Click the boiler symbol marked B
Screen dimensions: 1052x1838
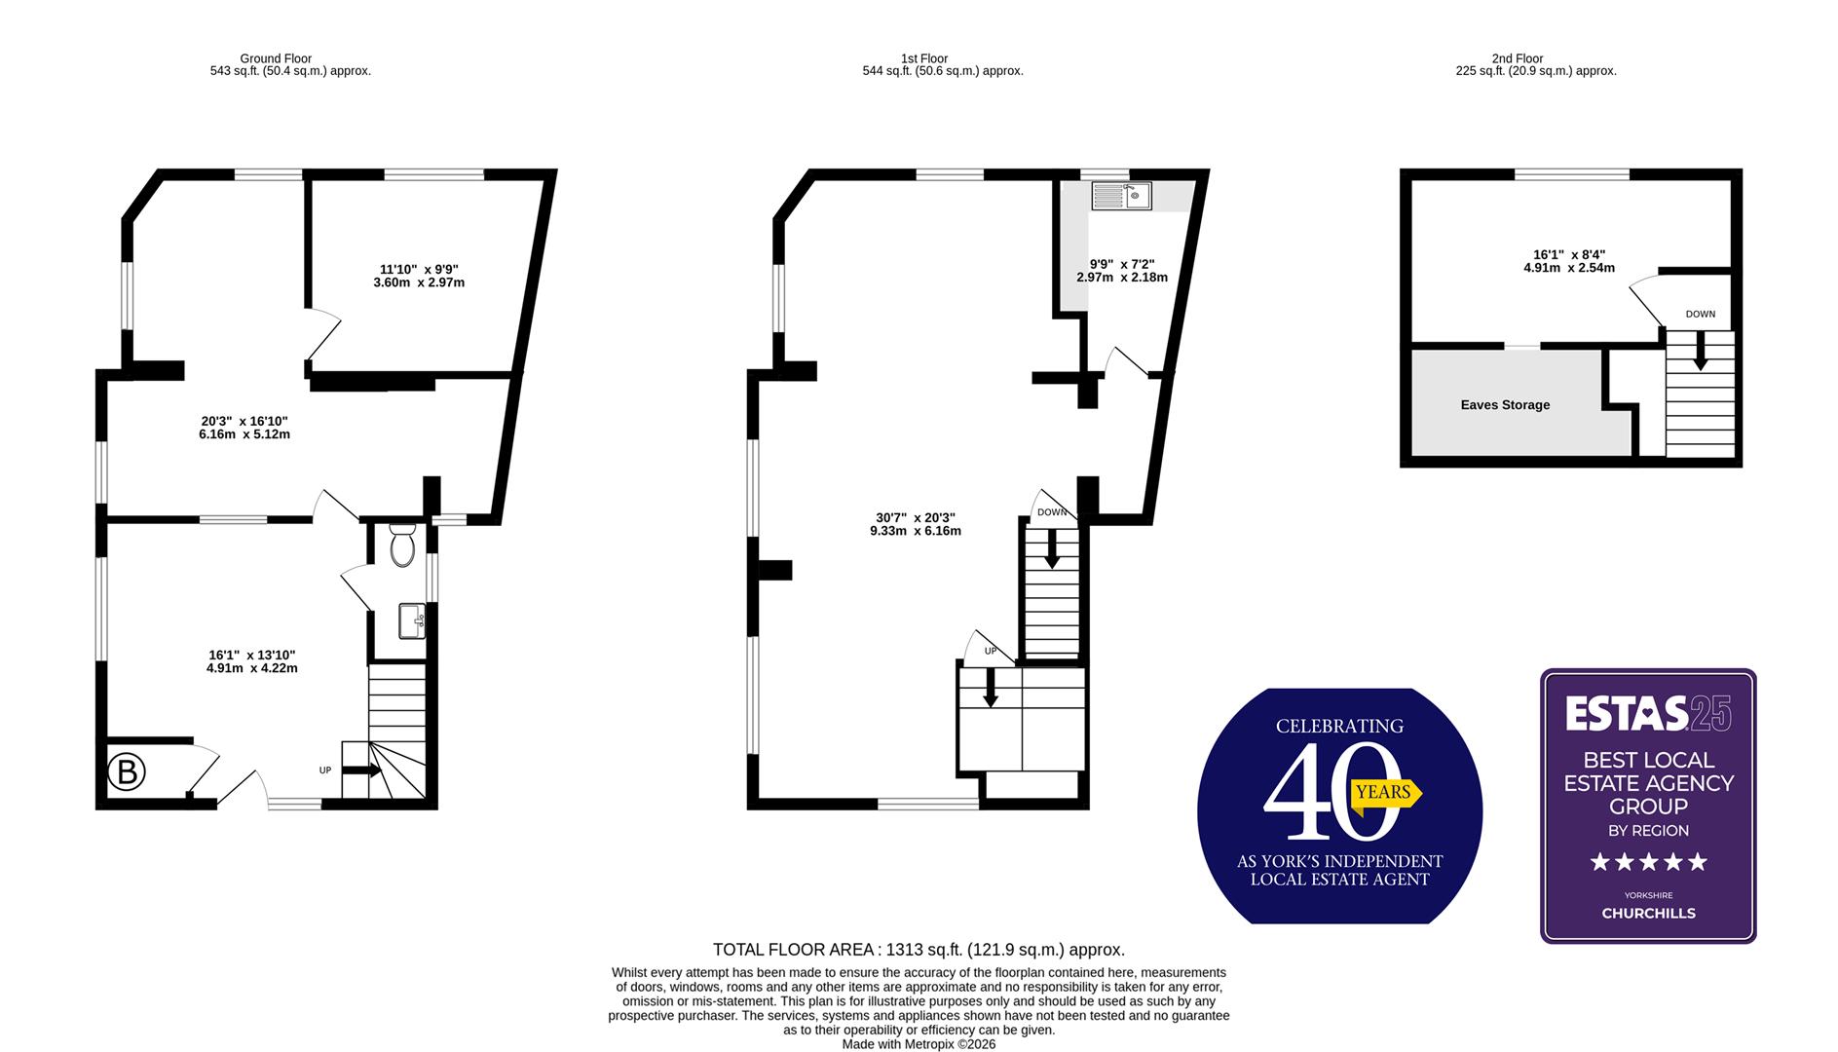(126, 772)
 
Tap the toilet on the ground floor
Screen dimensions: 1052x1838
(402, 546)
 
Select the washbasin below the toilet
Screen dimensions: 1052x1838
(411, 620)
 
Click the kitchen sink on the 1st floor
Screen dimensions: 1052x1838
(1122, 197)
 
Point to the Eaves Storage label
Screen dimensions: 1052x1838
(1505, 405)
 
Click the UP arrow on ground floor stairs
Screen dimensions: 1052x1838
(360, 770)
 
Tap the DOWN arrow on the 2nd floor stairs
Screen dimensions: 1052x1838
(1700, 350)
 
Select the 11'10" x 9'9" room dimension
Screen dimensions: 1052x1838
(419, 277)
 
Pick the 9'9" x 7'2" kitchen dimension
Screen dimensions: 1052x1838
(1121, 271)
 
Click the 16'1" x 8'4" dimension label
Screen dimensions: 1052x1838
(1568, 261)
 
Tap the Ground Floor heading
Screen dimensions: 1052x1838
(276, 58)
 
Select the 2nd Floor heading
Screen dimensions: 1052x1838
(1517, 58)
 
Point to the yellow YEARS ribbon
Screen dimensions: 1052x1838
(1385, 792)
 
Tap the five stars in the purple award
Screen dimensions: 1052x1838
(1648, 862)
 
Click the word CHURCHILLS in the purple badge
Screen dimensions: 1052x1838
(1648, 914)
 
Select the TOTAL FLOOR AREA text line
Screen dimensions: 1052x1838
(919, 950)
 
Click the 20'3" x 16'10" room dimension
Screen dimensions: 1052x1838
(244, 428)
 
